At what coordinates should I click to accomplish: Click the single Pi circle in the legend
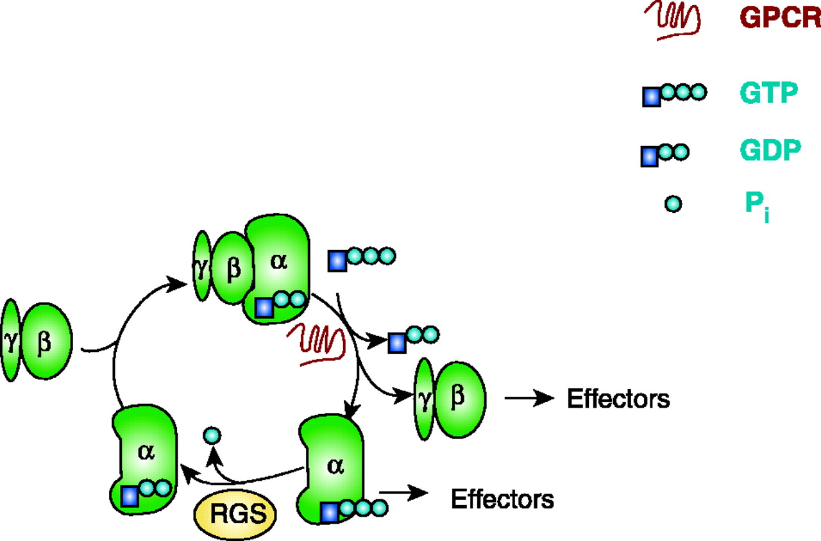(672, 204)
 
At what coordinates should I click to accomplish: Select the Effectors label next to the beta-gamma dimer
(618, 399)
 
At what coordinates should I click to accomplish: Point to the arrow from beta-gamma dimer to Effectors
(529, 399)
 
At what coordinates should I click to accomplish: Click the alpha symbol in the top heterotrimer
(278, 262)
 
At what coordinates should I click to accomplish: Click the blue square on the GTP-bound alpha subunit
(329, 512)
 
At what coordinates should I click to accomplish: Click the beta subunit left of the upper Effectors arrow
(457, 399)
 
